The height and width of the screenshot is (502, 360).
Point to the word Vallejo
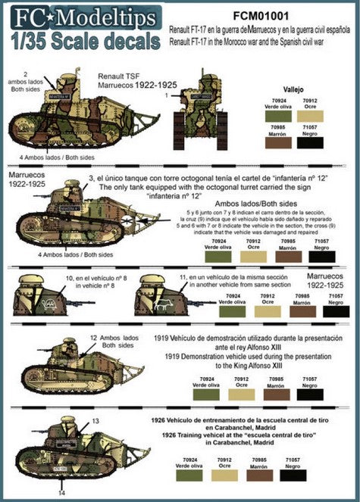(x=292, y=89)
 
